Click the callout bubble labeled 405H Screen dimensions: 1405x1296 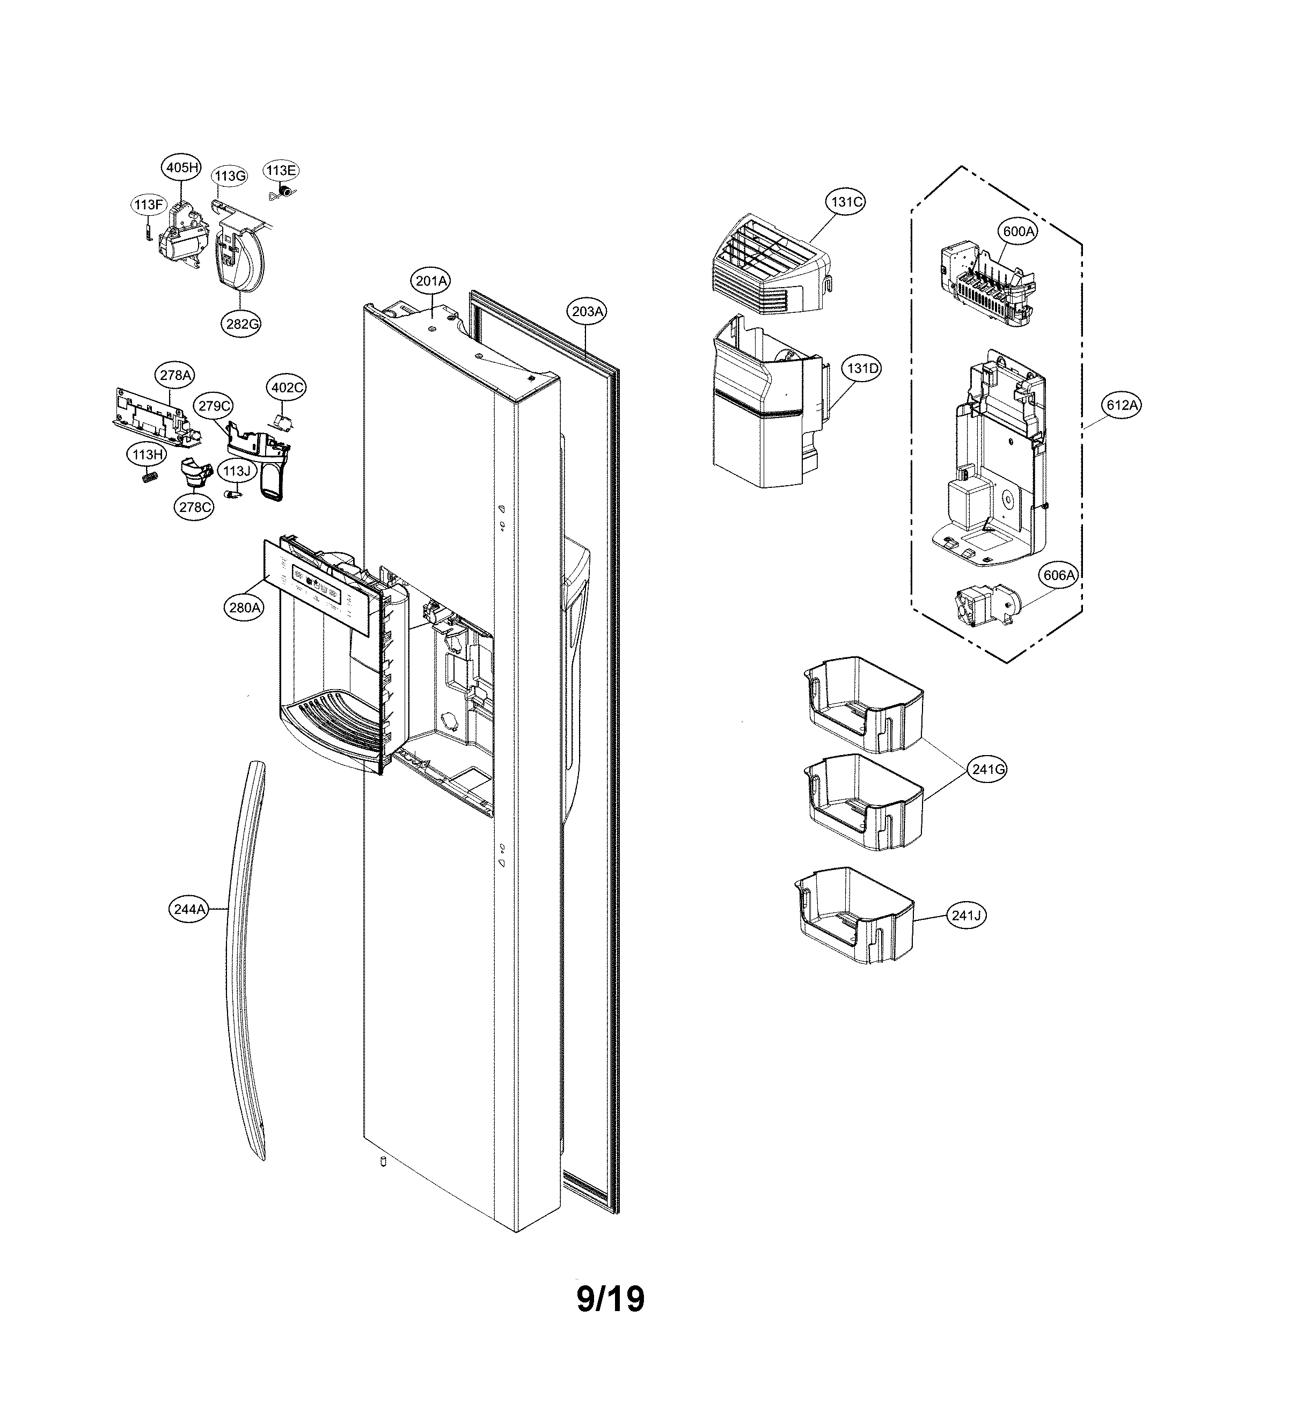[x=181, y=167]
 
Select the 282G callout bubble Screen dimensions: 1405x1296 [x=243, y=324]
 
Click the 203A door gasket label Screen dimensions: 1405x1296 [x=587, y=311]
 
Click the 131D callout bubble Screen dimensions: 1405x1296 [x=861, y=368]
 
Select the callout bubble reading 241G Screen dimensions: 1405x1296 [x=989, y=770]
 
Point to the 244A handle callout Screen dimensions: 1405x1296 [x=189, y=910]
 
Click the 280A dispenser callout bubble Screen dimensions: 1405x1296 [x=245, y=608]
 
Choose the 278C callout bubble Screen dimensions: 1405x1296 [x=194, y=507]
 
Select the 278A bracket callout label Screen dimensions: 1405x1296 [x=175, y=375]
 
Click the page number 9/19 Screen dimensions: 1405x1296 [x=610, y=1299]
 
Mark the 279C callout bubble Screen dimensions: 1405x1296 [x=214, y=406]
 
